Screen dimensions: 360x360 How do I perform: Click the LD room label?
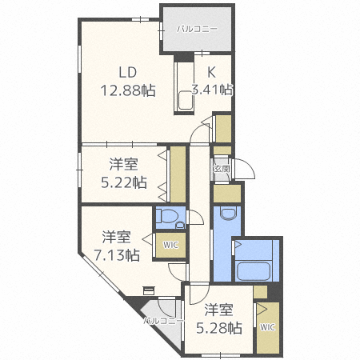tap(128, 72)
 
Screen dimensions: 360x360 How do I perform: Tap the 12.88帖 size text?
tap(128, 90)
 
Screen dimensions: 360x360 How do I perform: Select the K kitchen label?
tap(211, 72)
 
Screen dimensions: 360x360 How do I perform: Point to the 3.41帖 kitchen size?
tap(212, 90)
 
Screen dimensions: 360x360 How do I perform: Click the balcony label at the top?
tap(198, 29)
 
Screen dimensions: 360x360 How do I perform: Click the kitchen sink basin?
tap(186, 100)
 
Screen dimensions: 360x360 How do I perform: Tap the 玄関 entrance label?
tap(222, 169)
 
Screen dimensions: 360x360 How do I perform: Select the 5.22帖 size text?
tap(124, 182)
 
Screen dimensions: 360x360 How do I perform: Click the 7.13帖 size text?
tap(117, 255)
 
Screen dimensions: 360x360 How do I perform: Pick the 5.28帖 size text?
tap(219, 328)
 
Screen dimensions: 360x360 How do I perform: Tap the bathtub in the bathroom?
tap(254, 271)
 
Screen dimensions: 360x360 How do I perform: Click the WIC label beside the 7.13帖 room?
tap(170, 245)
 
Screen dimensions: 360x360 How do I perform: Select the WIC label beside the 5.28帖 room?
tap(267, 327)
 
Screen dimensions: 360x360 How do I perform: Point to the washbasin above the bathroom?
tap(228, 214)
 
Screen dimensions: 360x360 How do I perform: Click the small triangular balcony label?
tap(164, 321)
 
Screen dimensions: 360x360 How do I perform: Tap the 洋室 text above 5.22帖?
tap(124, 164)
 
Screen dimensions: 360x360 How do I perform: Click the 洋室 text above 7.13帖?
tap(117, 237)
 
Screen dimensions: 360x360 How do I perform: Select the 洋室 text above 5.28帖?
tap(218, 310)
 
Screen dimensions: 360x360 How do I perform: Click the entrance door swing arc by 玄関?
tap(249, 165)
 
